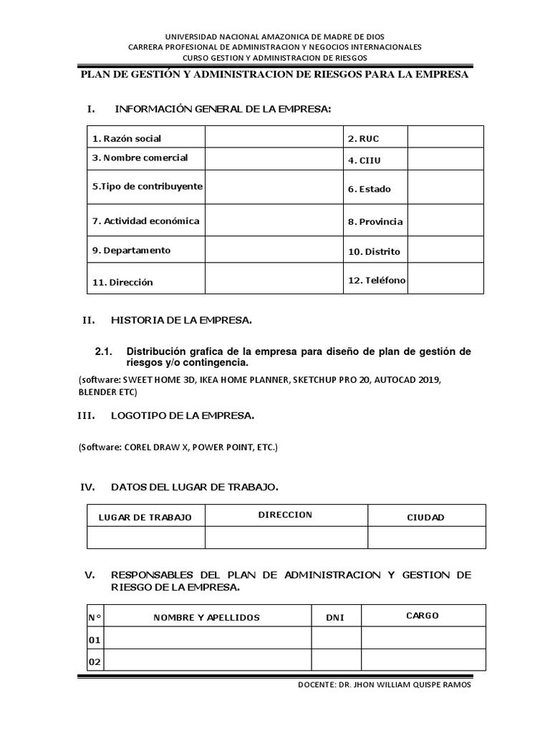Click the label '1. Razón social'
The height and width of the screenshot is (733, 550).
pyautogui.click(x=127, y=138)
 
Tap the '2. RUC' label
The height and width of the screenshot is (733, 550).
pyautogui.click(x=363, y=137)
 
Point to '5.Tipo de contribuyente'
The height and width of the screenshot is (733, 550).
pyautogui.click(x=148, y=186)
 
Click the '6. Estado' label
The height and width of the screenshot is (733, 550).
pyautogui.click(x=370, y=189)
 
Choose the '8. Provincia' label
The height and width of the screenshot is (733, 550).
pyautogui.click(x=375, y=222)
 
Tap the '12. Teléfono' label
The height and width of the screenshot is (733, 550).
pyautogui.click(x=377, y=280)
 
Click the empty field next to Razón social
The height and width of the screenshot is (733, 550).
pyautogui.click(x=274, y=137)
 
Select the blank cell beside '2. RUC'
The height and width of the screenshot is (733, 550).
pyautogui.click(x=445, y=137)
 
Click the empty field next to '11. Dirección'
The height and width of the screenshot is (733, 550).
pyautogui.click(x=274, y=281)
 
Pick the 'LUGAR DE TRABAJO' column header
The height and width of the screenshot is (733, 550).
pyautogui.click(x=145, y=517)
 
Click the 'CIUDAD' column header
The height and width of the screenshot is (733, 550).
pyautogui.click(x=426, y=517)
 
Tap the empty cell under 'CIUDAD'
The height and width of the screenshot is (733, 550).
pyautogui.click(x=426, y=538)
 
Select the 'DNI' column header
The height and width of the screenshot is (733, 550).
pyautogui.click(x=335, y=617)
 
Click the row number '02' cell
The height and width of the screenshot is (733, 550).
pyautogui.click(x=95, y=662)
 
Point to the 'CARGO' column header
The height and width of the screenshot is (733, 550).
pyautogui.click(x=423, y=616)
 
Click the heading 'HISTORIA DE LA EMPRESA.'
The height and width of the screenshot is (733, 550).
pyautogui.click(x=181, y=321)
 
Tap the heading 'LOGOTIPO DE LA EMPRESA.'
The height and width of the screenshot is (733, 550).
pyautogui.click(x=183, y=415)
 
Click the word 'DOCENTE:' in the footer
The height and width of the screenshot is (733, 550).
pyautogui.click(x=316, y=684)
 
